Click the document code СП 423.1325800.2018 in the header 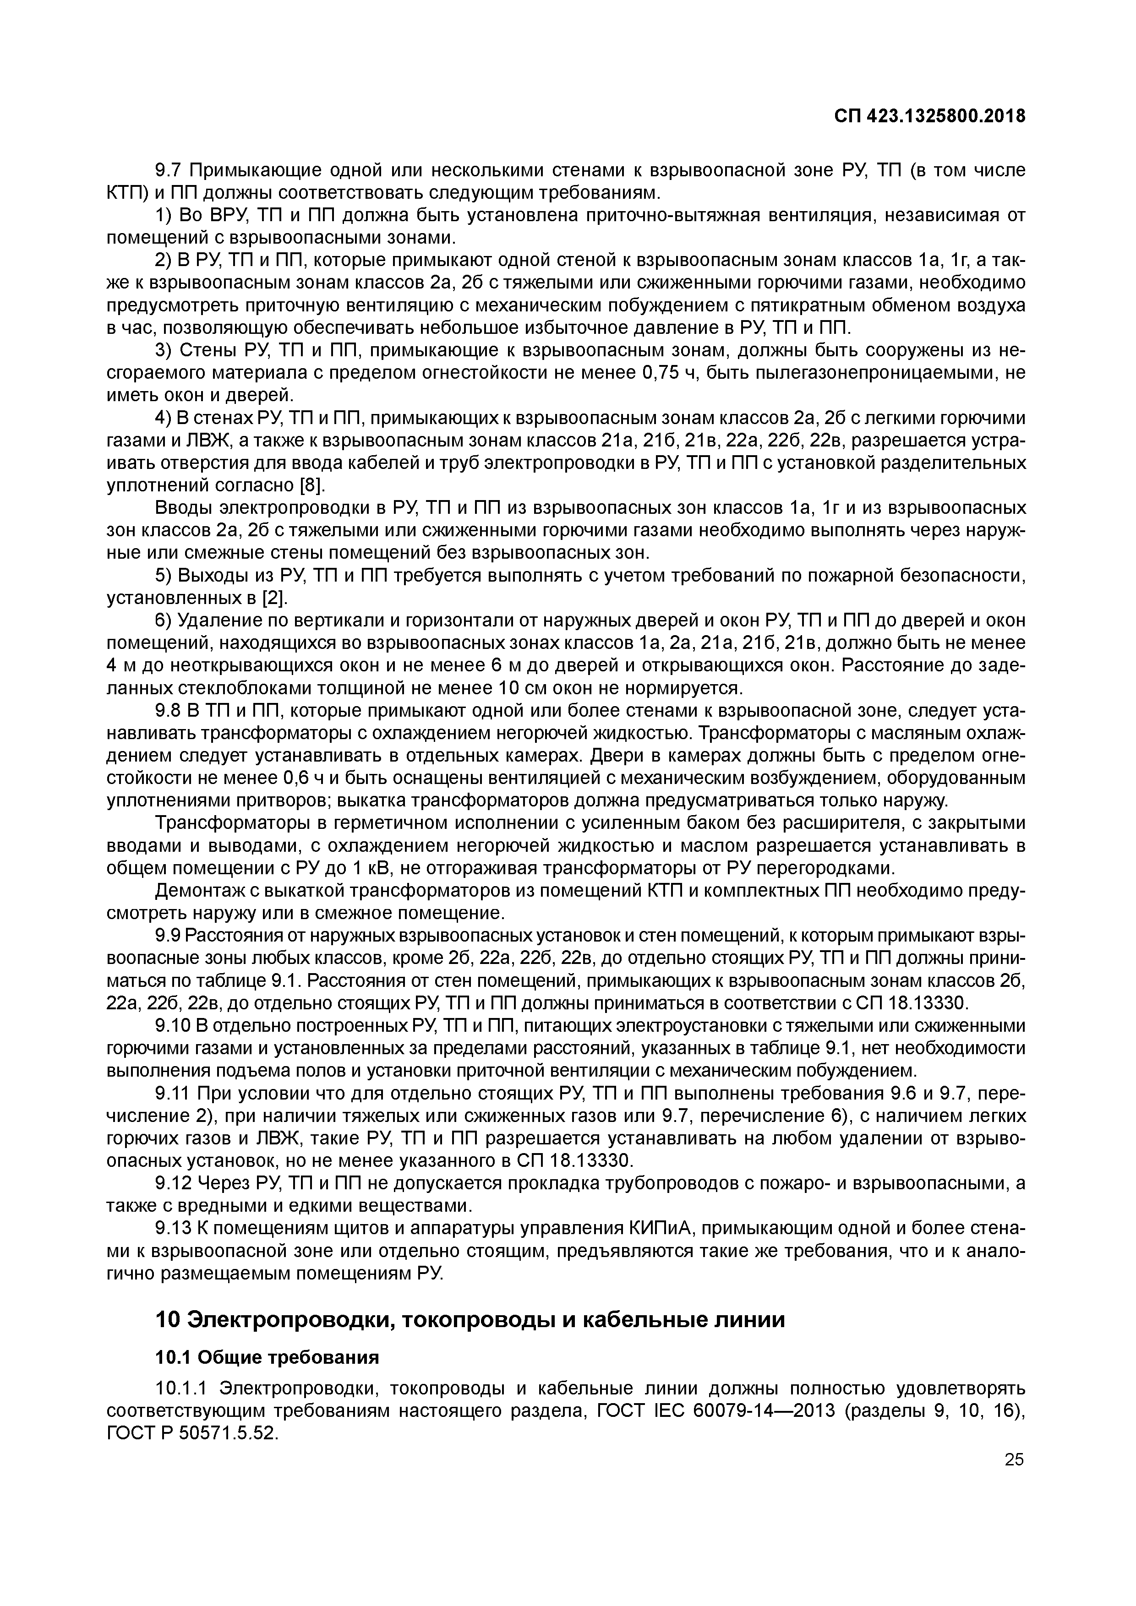coord(930,116)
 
